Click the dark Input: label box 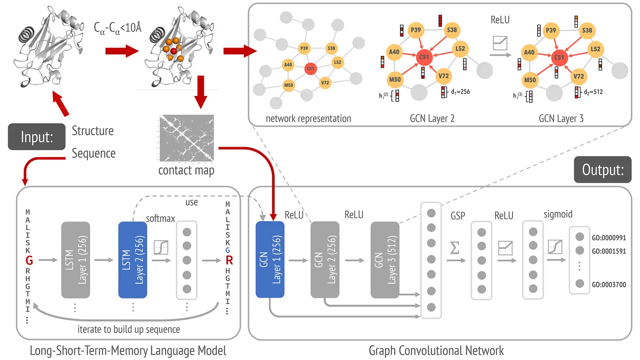[x=37, y=137]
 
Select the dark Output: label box [x=603, y=169]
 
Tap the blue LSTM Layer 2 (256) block [x=132, y=261]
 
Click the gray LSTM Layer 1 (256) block [x=75, y=261]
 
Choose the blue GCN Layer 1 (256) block [x=270, y=260]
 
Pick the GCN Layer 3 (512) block [x=385, y=260]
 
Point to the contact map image [x=186, y=138]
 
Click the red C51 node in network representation [x=310, y=69]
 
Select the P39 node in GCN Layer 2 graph [x=416, y=30]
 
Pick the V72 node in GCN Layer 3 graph [x=579, y=76]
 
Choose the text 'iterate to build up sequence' [x=129, y=329]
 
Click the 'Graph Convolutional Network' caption [x=436, y=350]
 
